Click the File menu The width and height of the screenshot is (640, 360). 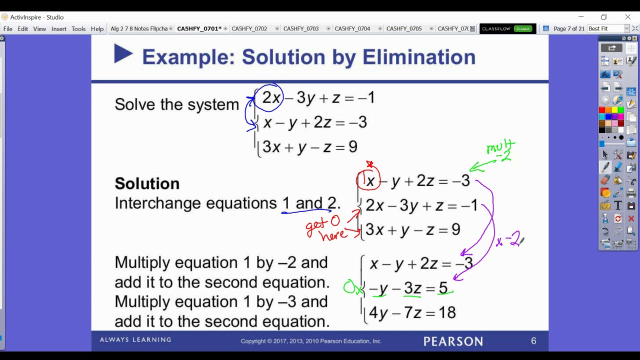(x=8, y=29)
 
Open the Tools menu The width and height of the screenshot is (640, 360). (x=78, y=29)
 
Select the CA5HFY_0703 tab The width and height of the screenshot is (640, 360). (x=301, y=29)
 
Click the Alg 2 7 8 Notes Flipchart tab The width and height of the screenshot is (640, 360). (x=139, y=29)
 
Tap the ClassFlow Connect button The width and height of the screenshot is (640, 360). (x=507, y=29)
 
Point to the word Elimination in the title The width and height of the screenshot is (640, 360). (x=418, y=57)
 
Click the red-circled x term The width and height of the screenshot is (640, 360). (x=370, y=181)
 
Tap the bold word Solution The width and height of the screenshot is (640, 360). (x=147, y=183)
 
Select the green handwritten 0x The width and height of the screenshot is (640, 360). (x=352, y=288)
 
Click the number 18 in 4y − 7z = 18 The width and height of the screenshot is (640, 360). (x=447, y=313)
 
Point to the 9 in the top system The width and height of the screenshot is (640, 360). (x=352, y=147)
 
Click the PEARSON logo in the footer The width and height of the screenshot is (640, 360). (x=453, y=341)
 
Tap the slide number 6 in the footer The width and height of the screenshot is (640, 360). (x=533, y=341)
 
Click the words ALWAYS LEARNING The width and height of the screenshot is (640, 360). (x=135, y=340)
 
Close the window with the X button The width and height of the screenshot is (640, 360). (x=627, y=17)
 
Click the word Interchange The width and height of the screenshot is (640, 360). (x=158, y=203)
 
